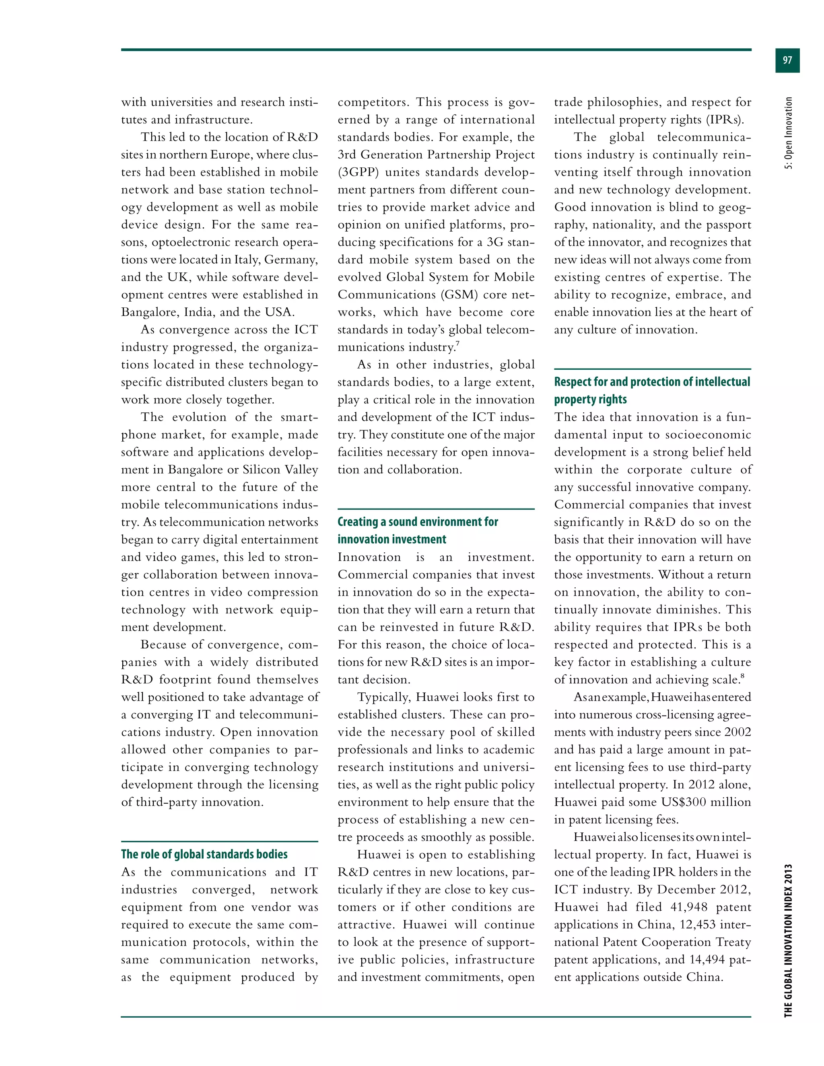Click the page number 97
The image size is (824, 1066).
tap(787, 60)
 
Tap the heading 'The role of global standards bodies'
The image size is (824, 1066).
tap(204, 854)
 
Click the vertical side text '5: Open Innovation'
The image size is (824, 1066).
tap(788, 133)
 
